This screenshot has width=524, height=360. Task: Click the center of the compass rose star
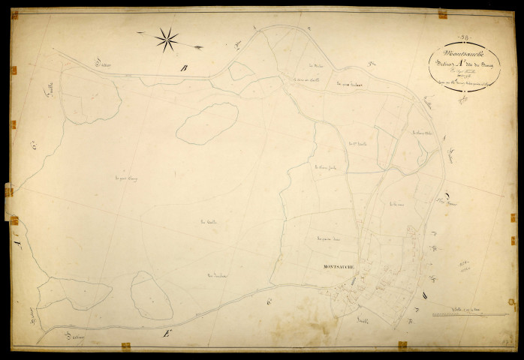pos(167,39)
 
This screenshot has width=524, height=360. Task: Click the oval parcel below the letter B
pos(207,123)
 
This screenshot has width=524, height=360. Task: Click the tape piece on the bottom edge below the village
pos(402,344)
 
